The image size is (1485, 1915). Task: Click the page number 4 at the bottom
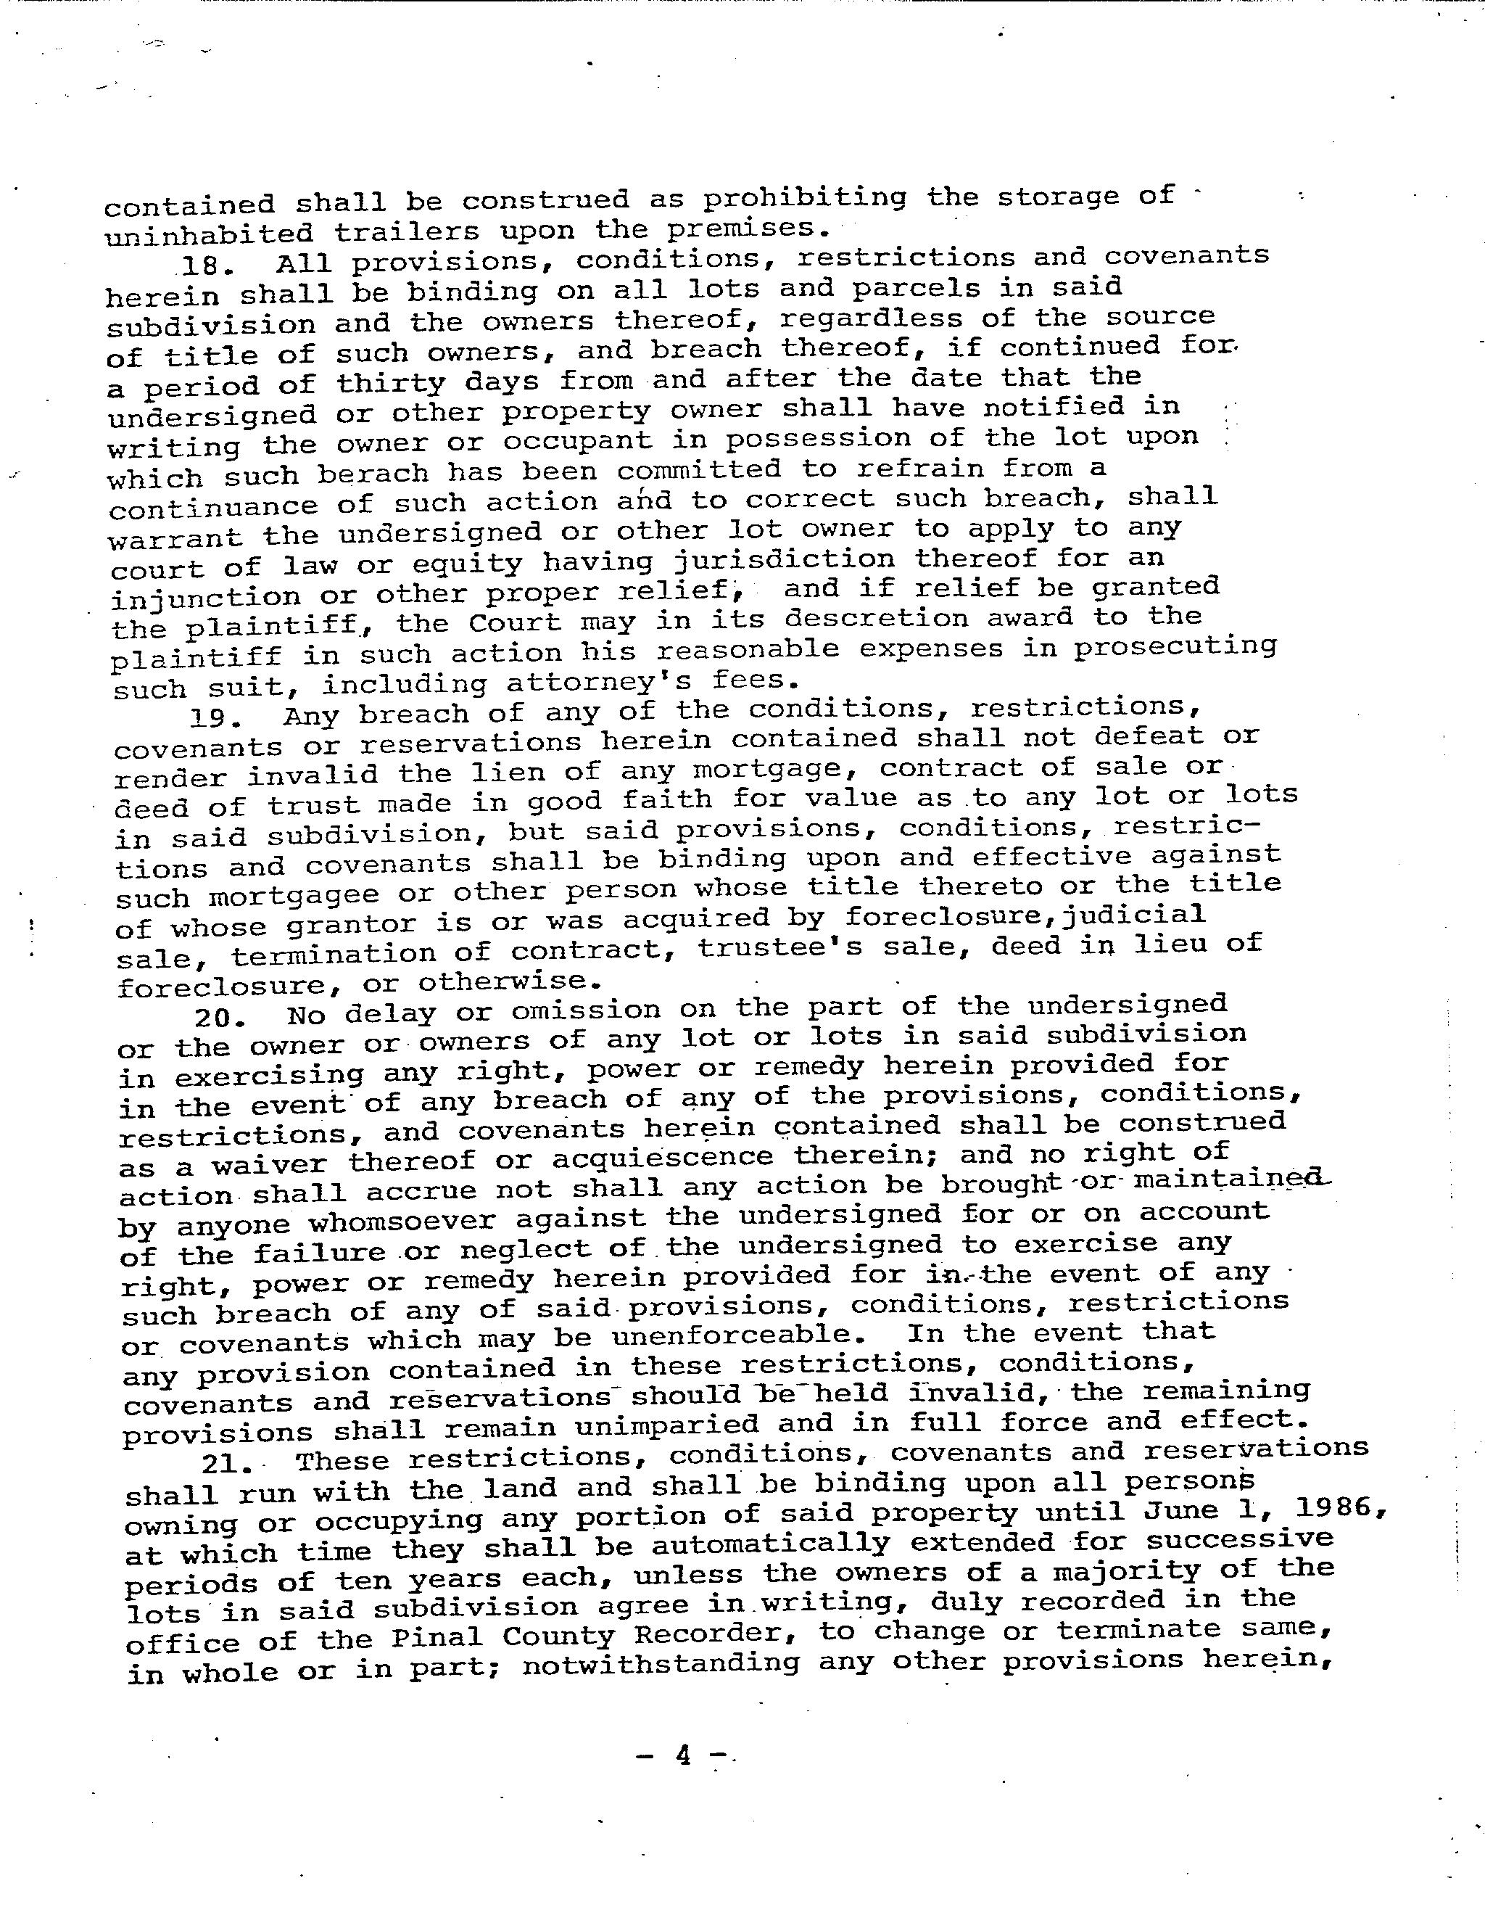click(683, 1755)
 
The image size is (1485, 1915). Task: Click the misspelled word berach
click(373, 474)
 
